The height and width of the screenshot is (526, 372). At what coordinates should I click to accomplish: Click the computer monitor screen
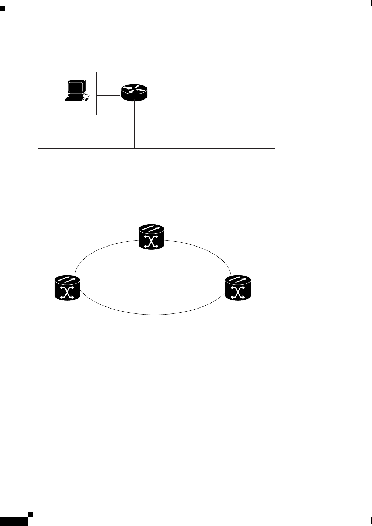click(x=76, y=87)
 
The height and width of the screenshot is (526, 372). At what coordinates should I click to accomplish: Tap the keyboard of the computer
click(x=73, y=98)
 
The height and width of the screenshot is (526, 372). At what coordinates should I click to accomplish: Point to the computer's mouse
click(x=87, y=100)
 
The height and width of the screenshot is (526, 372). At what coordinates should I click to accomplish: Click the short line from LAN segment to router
click(x=109, y=95)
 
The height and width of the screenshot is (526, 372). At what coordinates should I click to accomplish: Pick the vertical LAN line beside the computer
click(x=97, y=106)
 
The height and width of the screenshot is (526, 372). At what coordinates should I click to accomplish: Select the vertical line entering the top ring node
click(x=151, y=188)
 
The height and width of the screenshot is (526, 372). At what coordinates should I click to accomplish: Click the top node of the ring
click(x=152, y=237)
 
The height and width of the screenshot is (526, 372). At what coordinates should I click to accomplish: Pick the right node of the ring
click(x=238, y=288)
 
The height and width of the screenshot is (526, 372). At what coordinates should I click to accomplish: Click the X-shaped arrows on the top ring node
click(x=152, y=242)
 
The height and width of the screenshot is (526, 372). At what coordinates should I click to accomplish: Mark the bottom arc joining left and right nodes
click(x=152, y=314)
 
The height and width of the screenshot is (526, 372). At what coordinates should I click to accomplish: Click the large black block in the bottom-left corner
click(x=14, y=521)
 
